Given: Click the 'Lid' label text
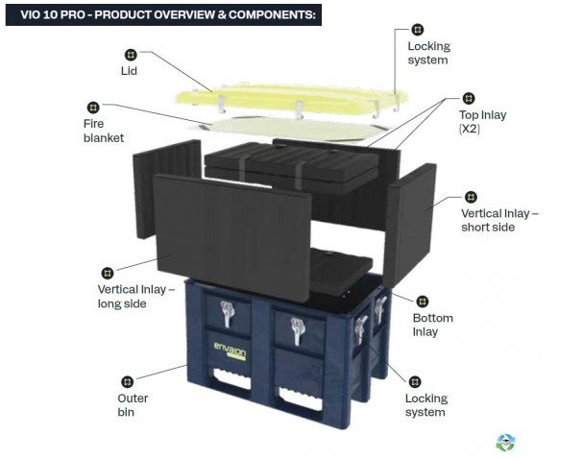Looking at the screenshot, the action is (129, 71).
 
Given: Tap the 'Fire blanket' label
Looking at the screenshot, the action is (104, 131).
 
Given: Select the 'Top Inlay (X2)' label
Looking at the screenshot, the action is (482, 122).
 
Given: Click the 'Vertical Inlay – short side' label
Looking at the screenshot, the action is (499, 220).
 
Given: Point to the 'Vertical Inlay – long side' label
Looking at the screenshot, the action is (136, 296).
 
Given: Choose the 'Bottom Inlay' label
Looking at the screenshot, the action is (433, 325).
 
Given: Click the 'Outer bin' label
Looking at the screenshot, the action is (133, 404).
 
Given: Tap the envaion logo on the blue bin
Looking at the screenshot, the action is (230, 350).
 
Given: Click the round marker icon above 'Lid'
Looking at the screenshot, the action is (131, 55).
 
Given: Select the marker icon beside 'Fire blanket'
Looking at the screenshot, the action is (93, 108).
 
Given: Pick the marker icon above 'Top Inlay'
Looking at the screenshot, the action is (469, 99).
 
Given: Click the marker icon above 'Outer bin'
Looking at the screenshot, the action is (127, 381).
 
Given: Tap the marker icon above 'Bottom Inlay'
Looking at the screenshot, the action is (422, 302).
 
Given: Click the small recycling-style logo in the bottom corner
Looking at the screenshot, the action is (505, 443).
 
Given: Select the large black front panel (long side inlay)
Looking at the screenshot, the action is (232, 238).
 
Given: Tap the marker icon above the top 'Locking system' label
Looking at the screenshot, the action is (418, 30).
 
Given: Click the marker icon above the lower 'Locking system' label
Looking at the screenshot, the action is (415, 381).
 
